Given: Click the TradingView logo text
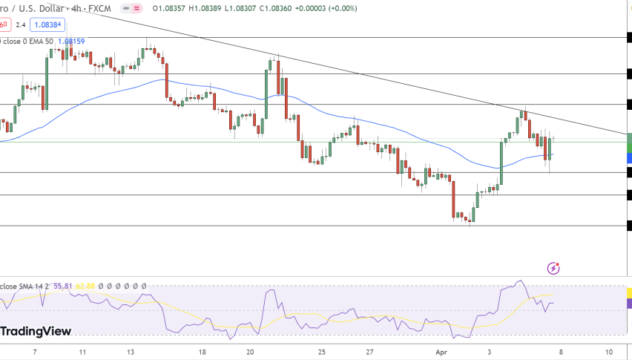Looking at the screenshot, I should pos(36,331).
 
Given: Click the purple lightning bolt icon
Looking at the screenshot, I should pos(553,268).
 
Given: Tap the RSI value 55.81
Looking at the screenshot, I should pos(62,286).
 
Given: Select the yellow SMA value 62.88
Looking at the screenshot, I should pos(87,286).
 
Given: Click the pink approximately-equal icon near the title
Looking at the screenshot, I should pos(136,8).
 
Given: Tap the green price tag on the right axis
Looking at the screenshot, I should pos(629,142).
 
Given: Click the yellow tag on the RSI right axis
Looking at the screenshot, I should pos(629,293).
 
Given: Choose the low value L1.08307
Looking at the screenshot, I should pos(239,8).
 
